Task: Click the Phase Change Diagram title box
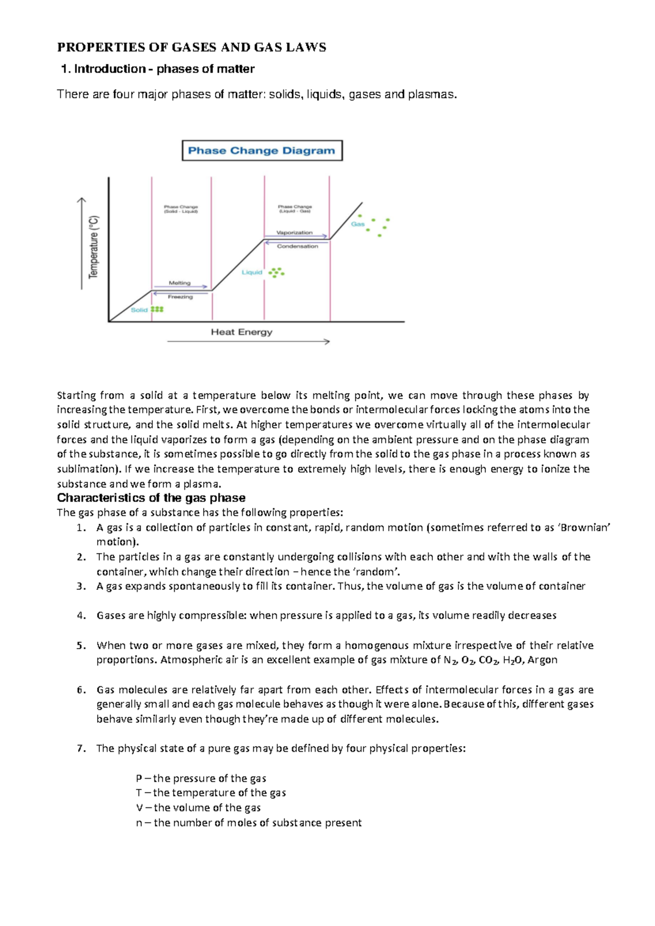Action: [261, 151]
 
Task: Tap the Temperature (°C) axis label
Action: [94, 247]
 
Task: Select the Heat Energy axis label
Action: [241, 332]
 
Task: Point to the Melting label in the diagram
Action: [180, 283]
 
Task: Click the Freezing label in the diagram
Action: [180, 297]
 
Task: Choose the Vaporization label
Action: [294, 233]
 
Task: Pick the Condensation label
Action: [297, 246]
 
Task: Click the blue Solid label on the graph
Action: [139, 310]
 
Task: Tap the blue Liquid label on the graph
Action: [252, 272]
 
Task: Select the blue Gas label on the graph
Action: [358, 224]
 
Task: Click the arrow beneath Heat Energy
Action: [248, 342]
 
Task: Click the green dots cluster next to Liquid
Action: [276, 272]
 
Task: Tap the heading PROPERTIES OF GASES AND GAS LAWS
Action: [192, 48]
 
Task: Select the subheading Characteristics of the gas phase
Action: [151, 498]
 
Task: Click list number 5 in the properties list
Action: [81, 645]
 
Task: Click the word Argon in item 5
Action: [543, 660]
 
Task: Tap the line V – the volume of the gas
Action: [198, 808]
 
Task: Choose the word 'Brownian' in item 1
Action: [585, 527]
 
